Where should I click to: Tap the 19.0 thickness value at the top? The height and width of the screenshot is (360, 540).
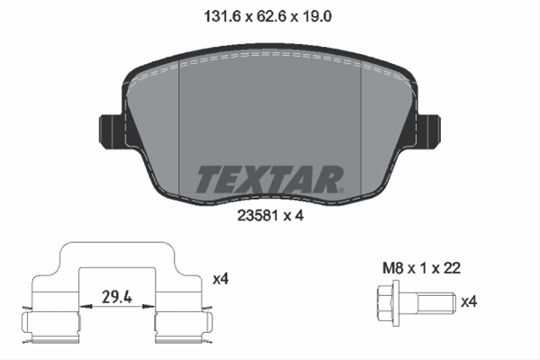317,16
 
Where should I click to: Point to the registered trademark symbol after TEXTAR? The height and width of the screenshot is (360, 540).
341,190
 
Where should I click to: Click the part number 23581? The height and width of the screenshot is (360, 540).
257,216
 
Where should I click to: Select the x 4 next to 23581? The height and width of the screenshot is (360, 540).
293,216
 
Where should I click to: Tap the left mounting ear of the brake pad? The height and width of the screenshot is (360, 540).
111,132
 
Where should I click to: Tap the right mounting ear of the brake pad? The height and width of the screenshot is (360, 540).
428,132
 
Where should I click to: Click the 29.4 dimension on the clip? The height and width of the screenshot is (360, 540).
117,297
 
